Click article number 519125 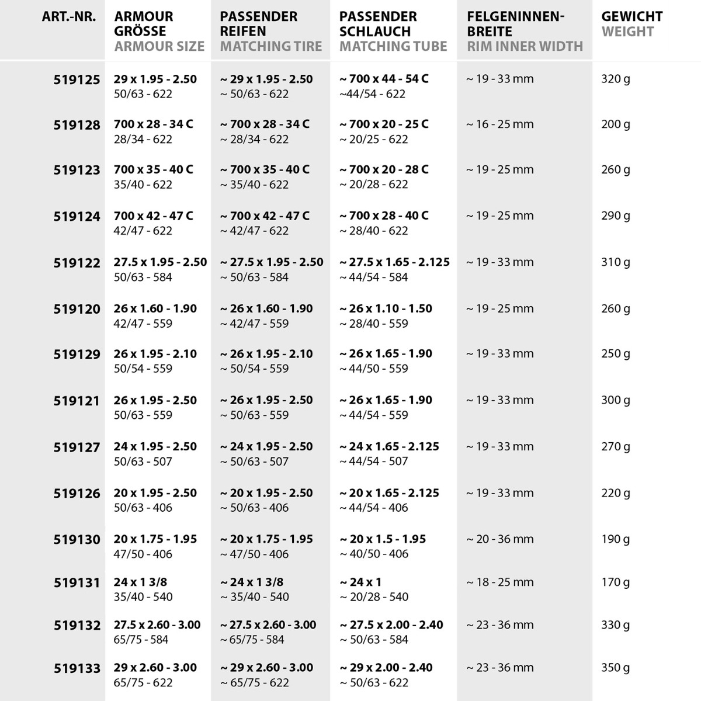point(77,79)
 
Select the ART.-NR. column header point(68,17)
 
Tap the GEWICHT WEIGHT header point(631,24)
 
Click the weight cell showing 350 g point(615,668)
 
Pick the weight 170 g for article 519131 point(615,582)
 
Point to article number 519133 point(77,668)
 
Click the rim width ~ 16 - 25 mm point(499,124)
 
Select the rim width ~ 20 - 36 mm point(499,539)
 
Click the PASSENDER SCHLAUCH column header point(393,32)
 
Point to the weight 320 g point(615,79)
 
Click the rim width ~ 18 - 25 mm point(499,582)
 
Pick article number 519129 point(77,355)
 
